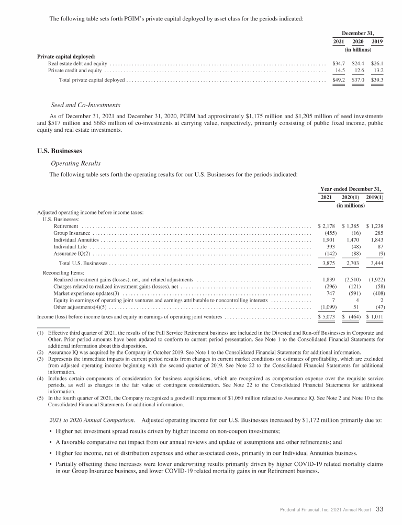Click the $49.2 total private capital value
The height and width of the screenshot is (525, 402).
click(x=339, y=80)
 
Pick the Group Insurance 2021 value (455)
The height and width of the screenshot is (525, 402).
click(x=330, y=233)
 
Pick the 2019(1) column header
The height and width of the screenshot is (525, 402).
click(x=374, y=198)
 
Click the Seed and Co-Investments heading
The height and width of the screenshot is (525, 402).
click(x=85, y=105)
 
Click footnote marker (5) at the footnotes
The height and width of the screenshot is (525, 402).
click(x=40, y=398)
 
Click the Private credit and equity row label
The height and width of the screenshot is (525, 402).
click(x=75, y=70)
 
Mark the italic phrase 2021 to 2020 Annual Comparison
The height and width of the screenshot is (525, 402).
click(x=92, y=420)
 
